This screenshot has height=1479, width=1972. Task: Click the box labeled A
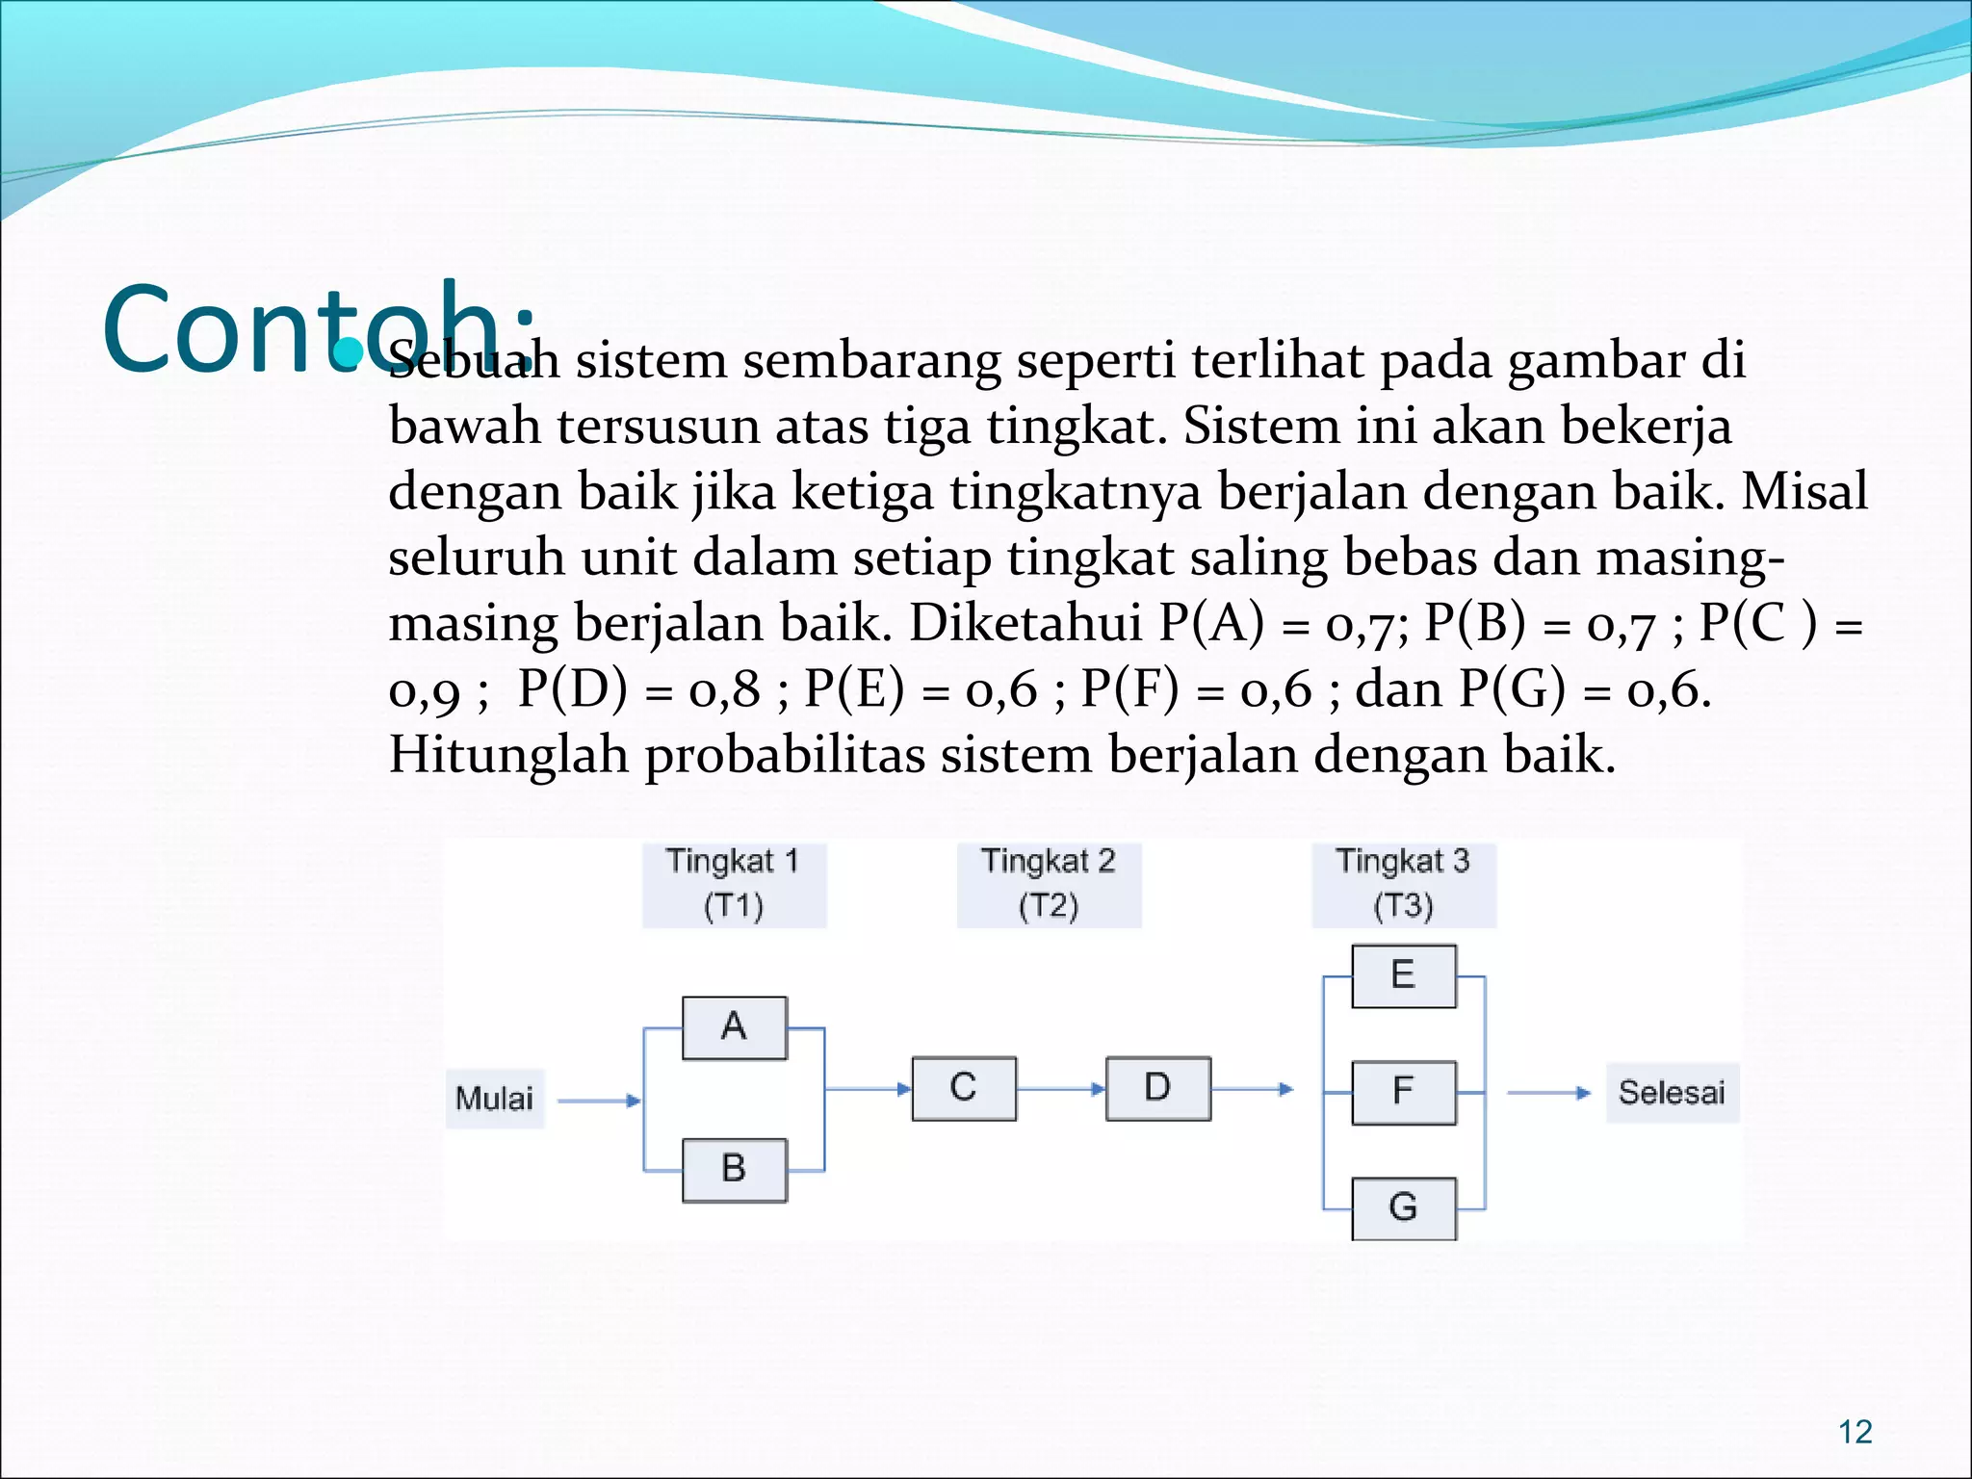[735, 1027]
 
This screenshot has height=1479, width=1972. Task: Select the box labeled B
[735, 1170]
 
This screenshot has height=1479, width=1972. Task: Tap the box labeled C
[964, 1088]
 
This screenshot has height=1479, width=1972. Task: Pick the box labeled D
[1158, 1088]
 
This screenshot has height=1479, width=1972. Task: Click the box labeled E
[1404, 975]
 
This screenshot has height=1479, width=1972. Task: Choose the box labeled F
[1404, 1092]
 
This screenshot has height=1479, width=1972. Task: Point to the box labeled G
[1404, 1208]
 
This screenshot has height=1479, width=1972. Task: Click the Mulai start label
[494, 1099]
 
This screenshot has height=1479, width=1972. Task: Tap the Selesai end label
[1672, 1093]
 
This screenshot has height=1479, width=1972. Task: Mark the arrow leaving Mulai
[599, 1101]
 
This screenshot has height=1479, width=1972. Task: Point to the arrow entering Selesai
[1548, 1093]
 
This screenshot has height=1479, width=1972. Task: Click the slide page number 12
[1855, 1432]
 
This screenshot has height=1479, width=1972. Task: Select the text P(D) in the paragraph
[572, 688]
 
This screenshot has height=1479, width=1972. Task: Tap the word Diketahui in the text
[1025, 623]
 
